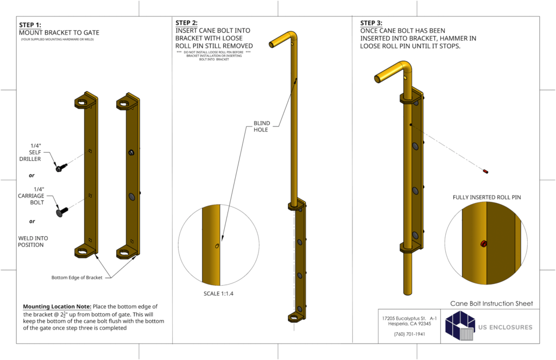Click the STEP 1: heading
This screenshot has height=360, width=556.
tap(30, 25)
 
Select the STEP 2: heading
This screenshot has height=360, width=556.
tap(186, 23)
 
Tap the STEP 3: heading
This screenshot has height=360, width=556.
tap(371, 23)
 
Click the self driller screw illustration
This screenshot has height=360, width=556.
tap(60, 168)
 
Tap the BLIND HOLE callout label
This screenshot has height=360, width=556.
tap(262, 127)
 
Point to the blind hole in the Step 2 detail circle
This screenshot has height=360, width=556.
tap(217, 246)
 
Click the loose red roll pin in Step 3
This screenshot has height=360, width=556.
tap(485, 172)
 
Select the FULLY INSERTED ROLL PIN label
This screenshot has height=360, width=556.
tap(486, 198)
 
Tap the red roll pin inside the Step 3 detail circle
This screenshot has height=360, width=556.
tap(483, 244)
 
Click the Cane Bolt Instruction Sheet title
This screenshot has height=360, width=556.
tap(491, 304)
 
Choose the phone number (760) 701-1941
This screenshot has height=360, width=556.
tap(409, 334)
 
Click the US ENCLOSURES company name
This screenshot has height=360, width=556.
tap(505, 327)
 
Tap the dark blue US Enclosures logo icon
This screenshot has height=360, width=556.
tap(460, 327)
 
